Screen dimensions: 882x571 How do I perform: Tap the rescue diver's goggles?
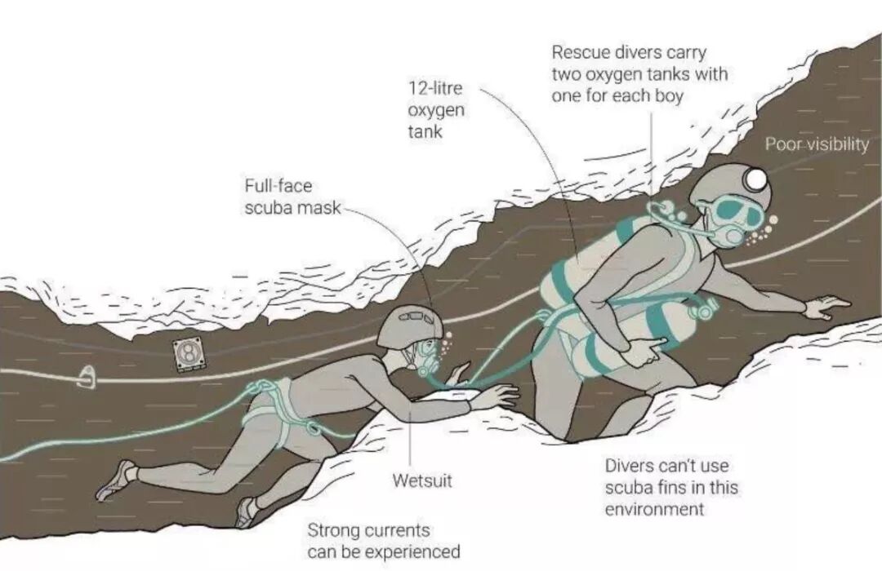click(738, 214)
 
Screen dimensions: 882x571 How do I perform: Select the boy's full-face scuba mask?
click(426, 355)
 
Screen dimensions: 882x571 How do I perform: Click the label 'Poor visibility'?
click(816, 144)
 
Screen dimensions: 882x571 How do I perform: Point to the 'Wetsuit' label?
click(421, 480)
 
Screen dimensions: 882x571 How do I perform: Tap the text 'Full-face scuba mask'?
click(292, 197)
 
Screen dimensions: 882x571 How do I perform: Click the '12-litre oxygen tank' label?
click(436, 108)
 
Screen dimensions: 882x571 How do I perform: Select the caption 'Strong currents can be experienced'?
click(383, 541)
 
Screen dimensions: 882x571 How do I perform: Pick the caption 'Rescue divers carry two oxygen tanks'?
click(639, 74)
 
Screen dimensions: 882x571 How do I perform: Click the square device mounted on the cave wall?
click(187, 353)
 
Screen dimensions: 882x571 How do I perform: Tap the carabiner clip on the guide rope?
click(87, 376)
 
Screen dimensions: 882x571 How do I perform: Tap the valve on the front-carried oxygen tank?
click(702, 309)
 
